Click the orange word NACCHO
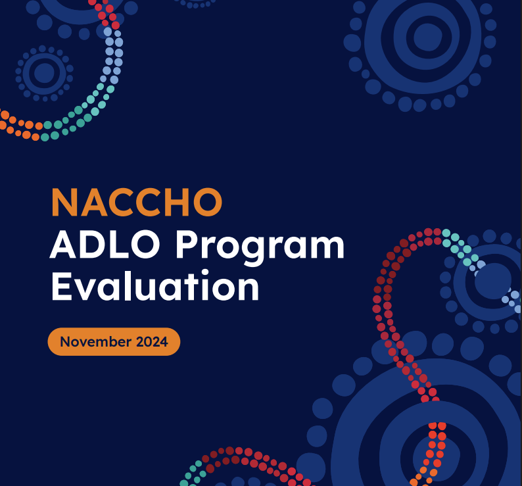tap(137, 202)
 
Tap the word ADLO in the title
tap(105, 244)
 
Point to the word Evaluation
tap(154, 286)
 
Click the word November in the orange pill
tap(95, 342)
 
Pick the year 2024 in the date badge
tap(152, 342)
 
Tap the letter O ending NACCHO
tap(208, 202)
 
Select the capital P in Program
tap(187, 244)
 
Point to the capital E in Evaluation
tap(62, 287)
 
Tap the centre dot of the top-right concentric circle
tap(428, 37)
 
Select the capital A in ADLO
tap(62, 244)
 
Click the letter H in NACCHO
tap(177, 203)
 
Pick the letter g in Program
tap(256, 252)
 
